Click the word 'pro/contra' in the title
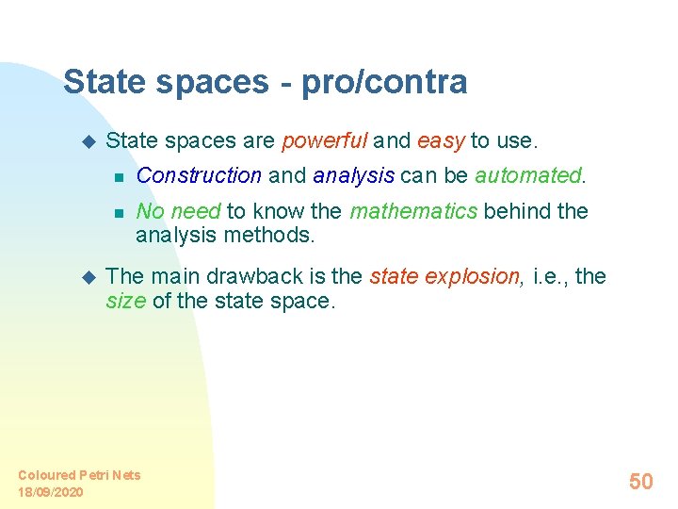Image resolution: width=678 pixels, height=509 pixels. click(384, 83)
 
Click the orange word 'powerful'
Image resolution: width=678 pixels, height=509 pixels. click(324, 141)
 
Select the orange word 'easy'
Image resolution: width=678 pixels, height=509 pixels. click(441, 141)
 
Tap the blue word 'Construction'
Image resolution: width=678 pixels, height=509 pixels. click(199, 175)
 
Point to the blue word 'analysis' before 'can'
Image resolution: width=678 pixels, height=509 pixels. click(353, 176)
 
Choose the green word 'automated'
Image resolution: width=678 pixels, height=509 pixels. click(528, 175)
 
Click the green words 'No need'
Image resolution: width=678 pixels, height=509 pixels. click(177, 211)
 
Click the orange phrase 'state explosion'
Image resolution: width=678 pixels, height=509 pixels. click(444, 277)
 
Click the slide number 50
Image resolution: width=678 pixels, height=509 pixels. click(640, 482)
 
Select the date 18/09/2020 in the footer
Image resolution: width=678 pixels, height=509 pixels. click(51, 492)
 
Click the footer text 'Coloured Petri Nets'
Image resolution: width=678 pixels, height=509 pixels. click(79, 475)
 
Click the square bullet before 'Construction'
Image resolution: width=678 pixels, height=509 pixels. click(118, 176)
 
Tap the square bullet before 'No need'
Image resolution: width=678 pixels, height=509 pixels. click(118, 212)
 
